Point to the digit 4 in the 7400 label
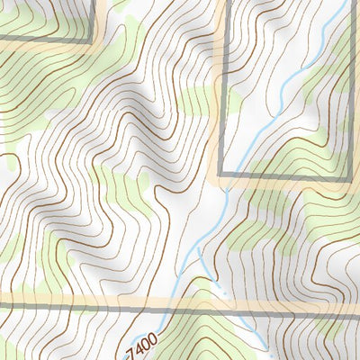[139, 344]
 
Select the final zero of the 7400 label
[152, 337]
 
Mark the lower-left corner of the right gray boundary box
[221, 173]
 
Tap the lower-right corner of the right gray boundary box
[348, 173]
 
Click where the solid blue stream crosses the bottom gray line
[245, 308]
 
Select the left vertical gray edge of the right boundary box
[221, 90]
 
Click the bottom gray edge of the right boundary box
[288, 173]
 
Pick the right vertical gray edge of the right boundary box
[348, 90]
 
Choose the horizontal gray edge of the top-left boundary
[45, 40]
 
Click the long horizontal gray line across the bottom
[90, 308]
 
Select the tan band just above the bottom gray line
[90, 299]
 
